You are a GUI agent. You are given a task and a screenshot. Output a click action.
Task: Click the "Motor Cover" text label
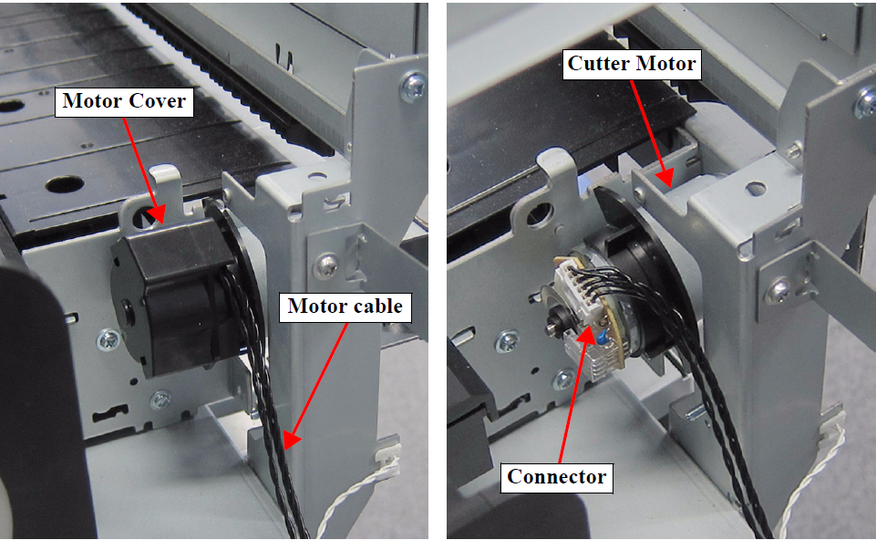tap(124, 101)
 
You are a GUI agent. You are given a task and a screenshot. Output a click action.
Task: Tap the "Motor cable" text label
tap(345, 306)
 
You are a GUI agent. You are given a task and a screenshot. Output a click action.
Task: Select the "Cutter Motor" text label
tap(632, 63)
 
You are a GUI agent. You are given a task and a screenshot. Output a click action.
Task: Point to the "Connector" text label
tap(556, 477)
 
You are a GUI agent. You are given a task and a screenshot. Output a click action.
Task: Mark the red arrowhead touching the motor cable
tap(291, 440)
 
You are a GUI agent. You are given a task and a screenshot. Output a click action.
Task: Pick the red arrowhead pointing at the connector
tap(587, 334)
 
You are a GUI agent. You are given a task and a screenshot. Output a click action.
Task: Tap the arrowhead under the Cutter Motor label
tap(665, 177)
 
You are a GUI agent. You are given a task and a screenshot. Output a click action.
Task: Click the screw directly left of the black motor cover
tap(108, 339)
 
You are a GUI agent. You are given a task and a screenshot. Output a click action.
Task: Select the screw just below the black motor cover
tap(161, 400)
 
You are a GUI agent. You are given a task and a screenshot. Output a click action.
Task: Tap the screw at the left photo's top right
tap(414, 86)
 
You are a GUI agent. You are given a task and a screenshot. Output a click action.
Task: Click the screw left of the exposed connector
tap(507, 341)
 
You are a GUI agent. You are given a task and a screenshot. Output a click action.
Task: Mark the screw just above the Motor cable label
tap(326, 264)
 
